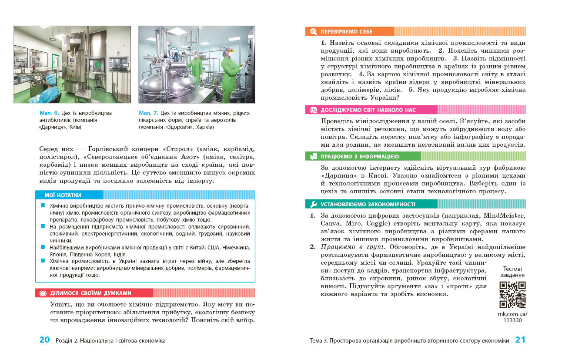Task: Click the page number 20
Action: pos(44,340)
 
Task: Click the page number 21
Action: pos(520,340)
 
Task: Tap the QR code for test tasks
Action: pos(512,295)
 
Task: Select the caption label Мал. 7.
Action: pos(148,113)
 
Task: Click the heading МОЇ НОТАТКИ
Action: pos(63,195)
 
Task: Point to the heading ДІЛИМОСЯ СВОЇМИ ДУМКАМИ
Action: pos(90,293)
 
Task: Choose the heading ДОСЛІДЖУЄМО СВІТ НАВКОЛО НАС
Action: pos(368,110)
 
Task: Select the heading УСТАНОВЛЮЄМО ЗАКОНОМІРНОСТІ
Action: pos(368,204)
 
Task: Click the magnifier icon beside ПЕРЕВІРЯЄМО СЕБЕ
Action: pos(313,32)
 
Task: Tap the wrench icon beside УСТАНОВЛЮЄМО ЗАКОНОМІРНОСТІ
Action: pos(313,204)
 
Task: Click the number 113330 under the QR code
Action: pos(512,320)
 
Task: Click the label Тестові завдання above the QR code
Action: pos(512,272)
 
